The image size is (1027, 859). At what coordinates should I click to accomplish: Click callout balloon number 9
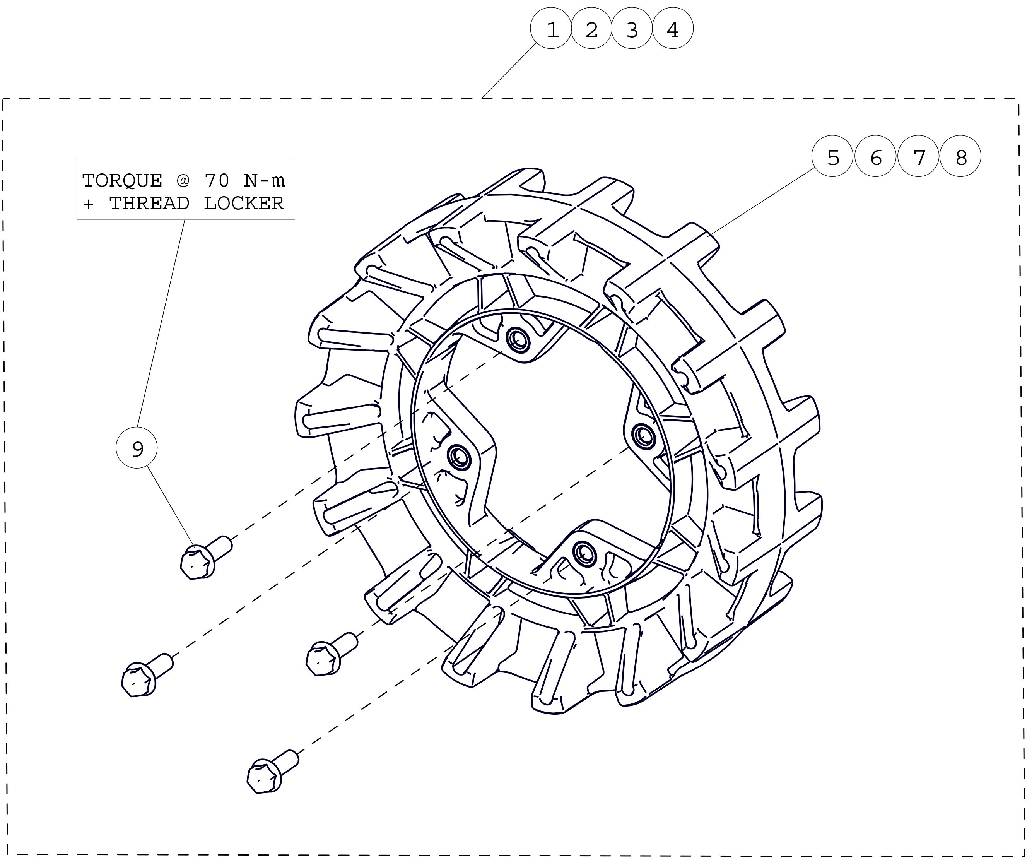tap(137, 448)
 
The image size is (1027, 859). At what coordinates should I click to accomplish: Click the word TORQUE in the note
tap(122, 181)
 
